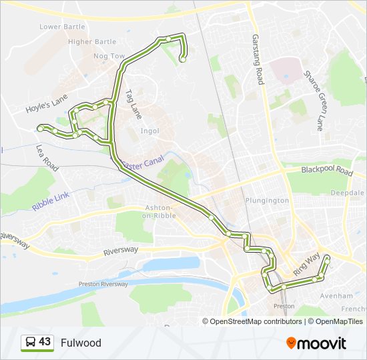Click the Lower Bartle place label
63,27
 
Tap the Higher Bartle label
92,41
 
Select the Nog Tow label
109,57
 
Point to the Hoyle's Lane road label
47,102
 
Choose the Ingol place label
149,131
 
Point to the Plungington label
266,200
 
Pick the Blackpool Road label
326,171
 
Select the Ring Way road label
305,264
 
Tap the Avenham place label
334,295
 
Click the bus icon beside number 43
30,343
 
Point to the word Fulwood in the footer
81,343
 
